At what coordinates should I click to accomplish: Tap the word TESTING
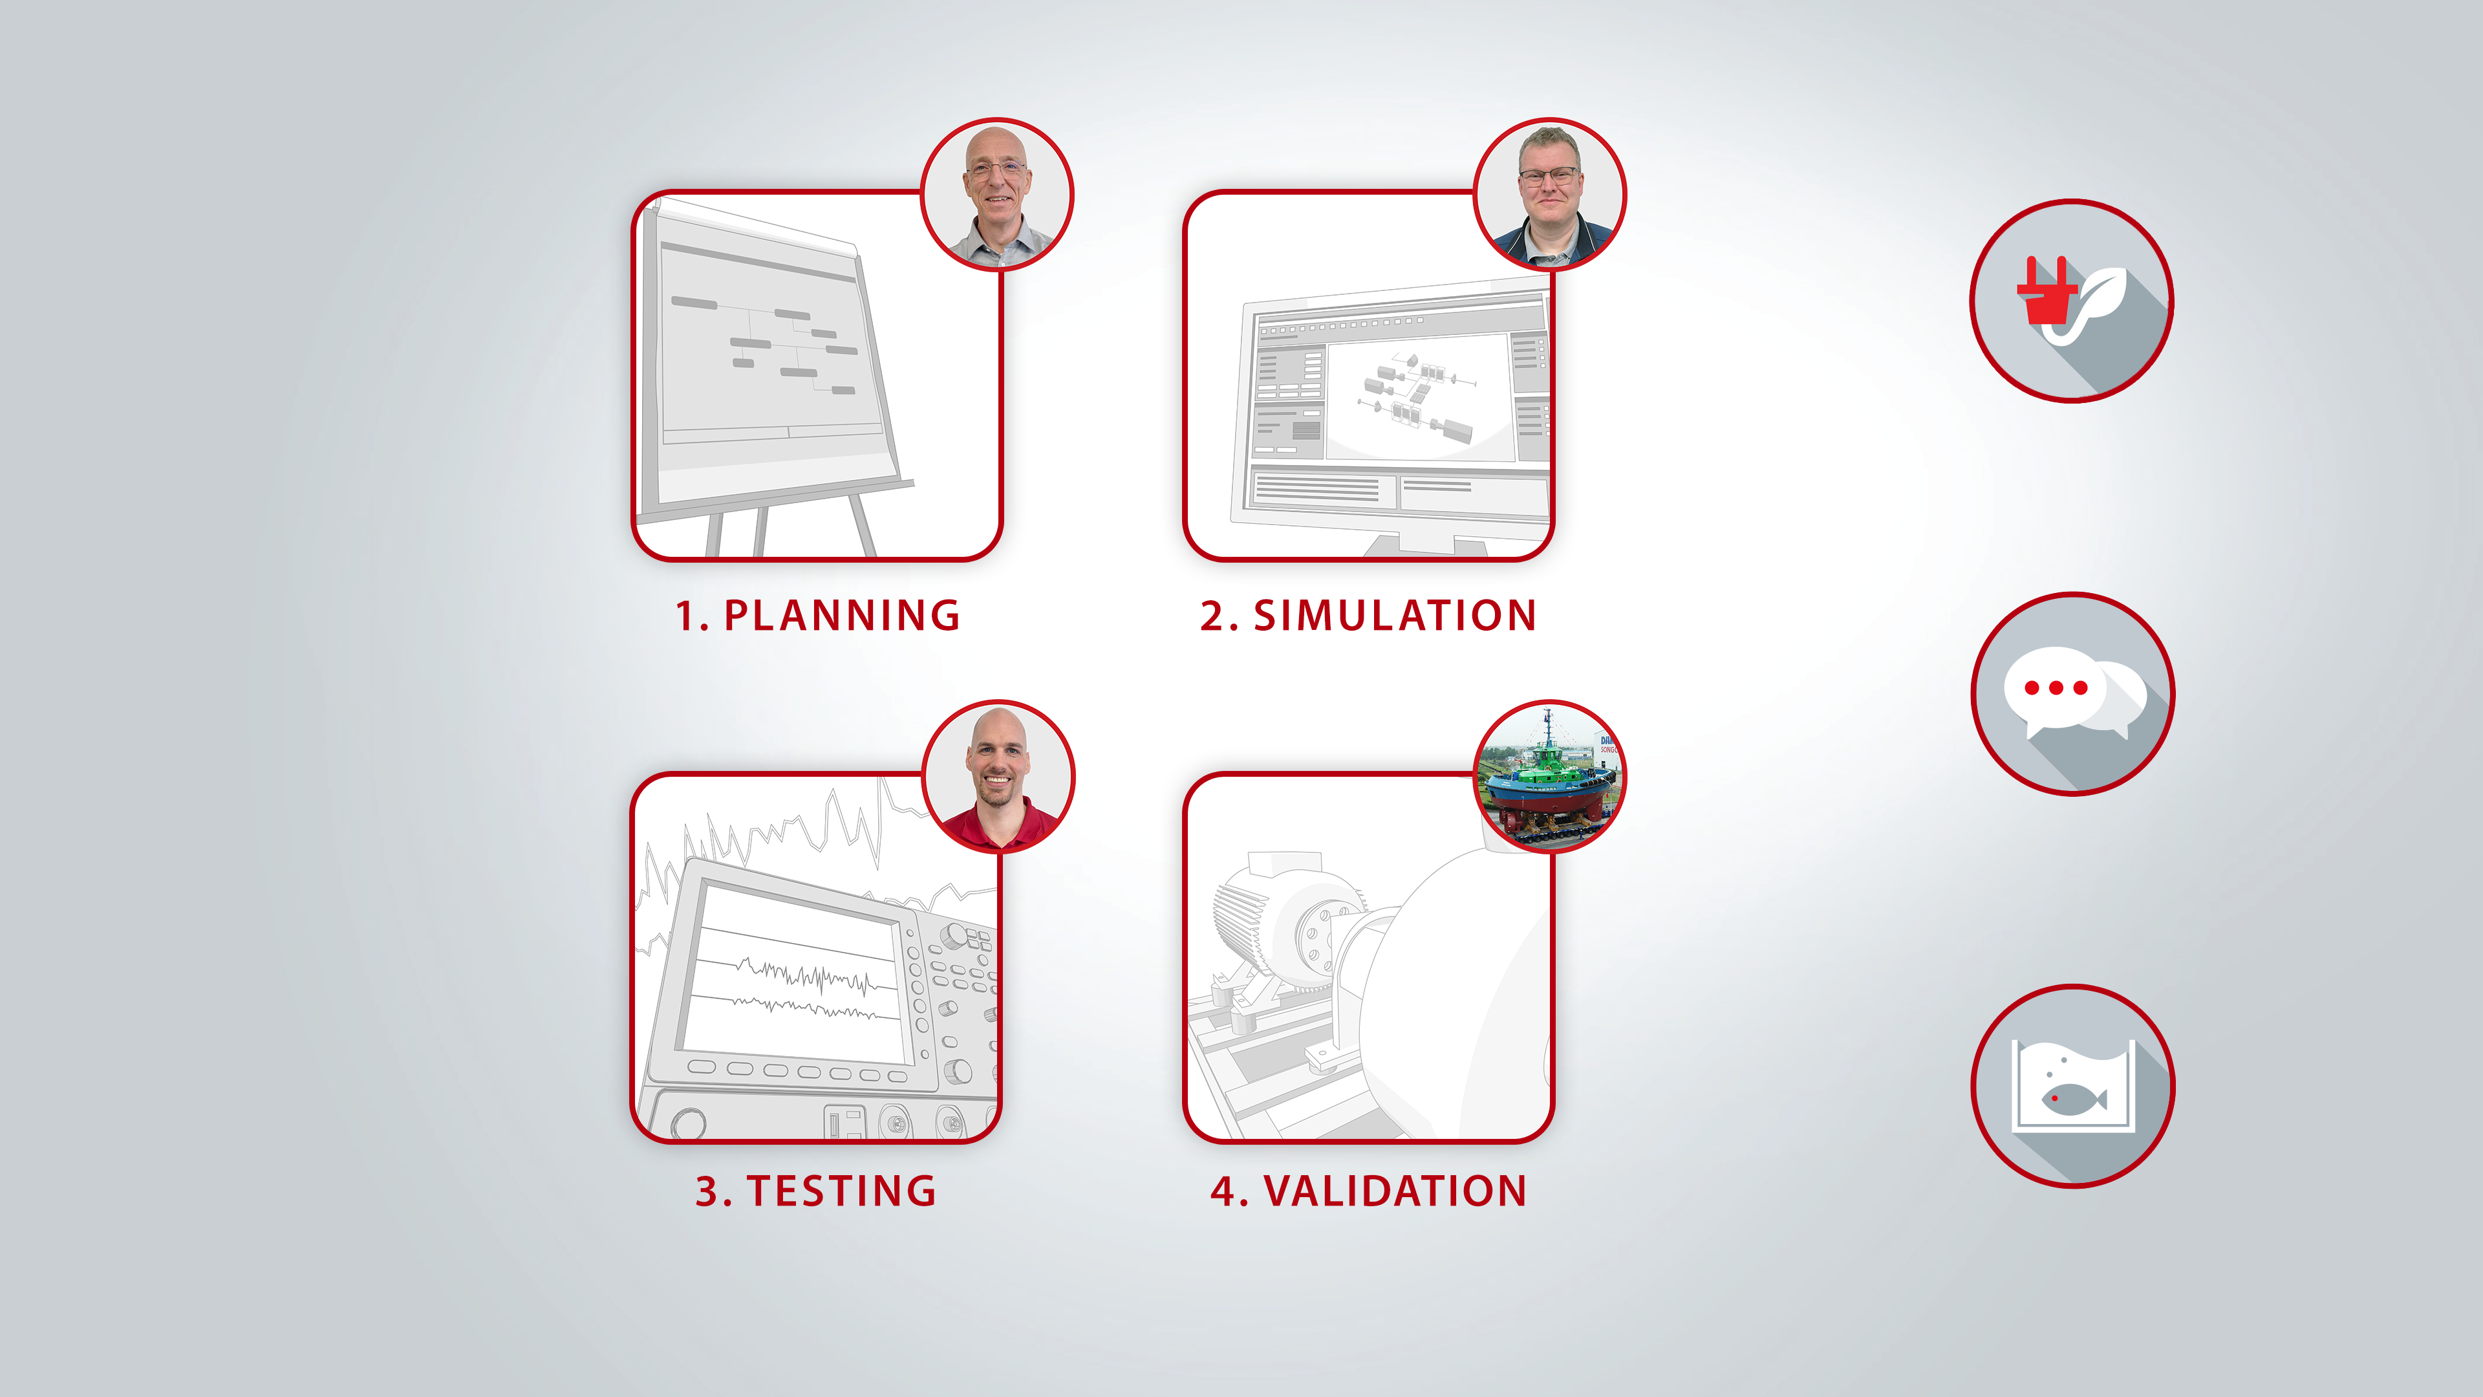[841, 1191]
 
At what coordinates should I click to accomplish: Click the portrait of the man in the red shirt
[998, 776]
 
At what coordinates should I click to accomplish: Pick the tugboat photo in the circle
[1550, 776]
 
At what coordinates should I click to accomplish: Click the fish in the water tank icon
[2073, 1098]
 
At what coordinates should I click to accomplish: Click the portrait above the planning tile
[996, 194]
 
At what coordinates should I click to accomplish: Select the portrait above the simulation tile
[1550, 194]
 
